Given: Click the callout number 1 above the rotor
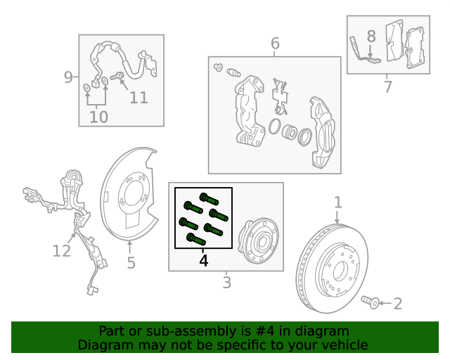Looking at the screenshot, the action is pos(338,202).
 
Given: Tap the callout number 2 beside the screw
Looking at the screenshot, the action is pos(398,304).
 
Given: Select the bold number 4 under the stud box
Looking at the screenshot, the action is pos(203,261).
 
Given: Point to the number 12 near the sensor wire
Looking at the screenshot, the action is pos(61,251).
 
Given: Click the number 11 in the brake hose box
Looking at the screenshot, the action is pos(139,98).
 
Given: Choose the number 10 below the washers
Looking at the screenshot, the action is pos(98,117).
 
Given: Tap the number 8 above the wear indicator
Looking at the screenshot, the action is pos(371,37).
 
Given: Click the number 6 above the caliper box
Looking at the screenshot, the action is pos(275,44).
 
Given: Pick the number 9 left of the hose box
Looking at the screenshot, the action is pos(68,77).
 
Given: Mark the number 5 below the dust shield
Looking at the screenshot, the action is pos(131,263).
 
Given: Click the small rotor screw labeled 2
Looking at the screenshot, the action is pos(371,302).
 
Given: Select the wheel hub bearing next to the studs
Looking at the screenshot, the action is pos(258,241).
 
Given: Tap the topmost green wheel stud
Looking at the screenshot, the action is pos(209,198).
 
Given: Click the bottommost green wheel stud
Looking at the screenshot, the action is pos(195,239).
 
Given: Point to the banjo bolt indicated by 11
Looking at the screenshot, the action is pos(117,76).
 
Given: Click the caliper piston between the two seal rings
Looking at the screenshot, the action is pos(289,132).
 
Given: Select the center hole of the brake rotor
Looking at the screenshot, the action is pos(339,271).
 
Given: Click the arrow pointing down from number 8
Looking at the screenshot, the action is pos(371,51).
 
